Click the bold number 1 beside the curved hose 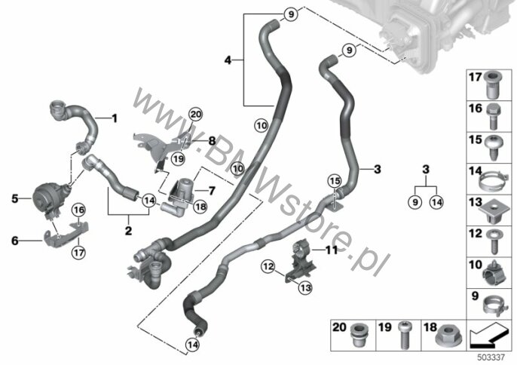click(115, 118)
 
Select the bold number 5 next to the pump click(15, 198)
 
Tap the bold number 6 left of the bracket click(15, 241)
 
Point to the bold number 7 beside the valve click(212, 191)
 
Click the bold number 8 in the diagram click(212, 141)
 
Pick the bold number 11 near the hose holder click(332, 250)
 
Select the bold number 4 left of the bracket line click(228, 60)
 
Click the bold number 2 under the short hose click(128, 231)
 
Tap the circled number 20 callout click(195, 115)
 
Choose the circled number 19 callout click(179, 159)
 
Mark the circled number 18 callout click(200, 207)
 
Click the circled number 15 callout click(335, 181)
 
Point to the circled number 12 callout click(268, 266)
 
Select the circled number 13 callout click(305, 288)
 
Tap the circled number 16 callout click(79, 210)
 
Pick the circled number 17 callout click(79, 253)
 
